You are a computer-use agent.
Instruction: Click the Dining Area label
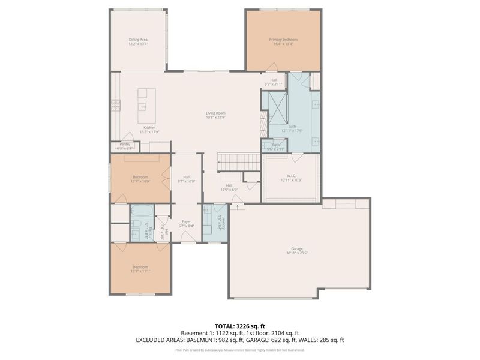138,41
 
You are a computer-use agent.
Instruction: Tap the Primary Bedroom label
283,41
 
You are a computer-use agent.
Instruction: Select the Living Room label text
215,115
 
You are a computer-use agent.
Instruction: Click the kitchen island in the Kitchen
146,101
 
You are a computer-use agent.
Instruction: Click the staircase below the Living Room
239,161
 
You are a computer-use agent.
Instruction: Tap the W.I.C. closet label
290,178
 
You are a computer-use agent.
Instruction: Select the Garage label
297,250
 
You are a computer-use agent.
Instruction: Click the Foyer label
187,224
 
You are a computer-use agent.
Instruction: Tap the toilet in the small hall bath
135,233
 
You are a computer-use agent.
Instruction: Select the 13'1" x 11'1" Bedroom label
140,269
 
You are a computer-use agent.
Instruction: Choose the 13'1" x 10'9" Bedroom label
140,178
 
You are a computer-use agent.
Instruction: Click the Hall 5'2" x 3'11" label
273,82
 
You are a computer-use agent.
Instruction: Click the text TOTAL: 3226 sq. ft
240,326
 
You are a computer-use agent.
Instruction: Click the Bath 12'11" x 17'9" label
292,128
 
